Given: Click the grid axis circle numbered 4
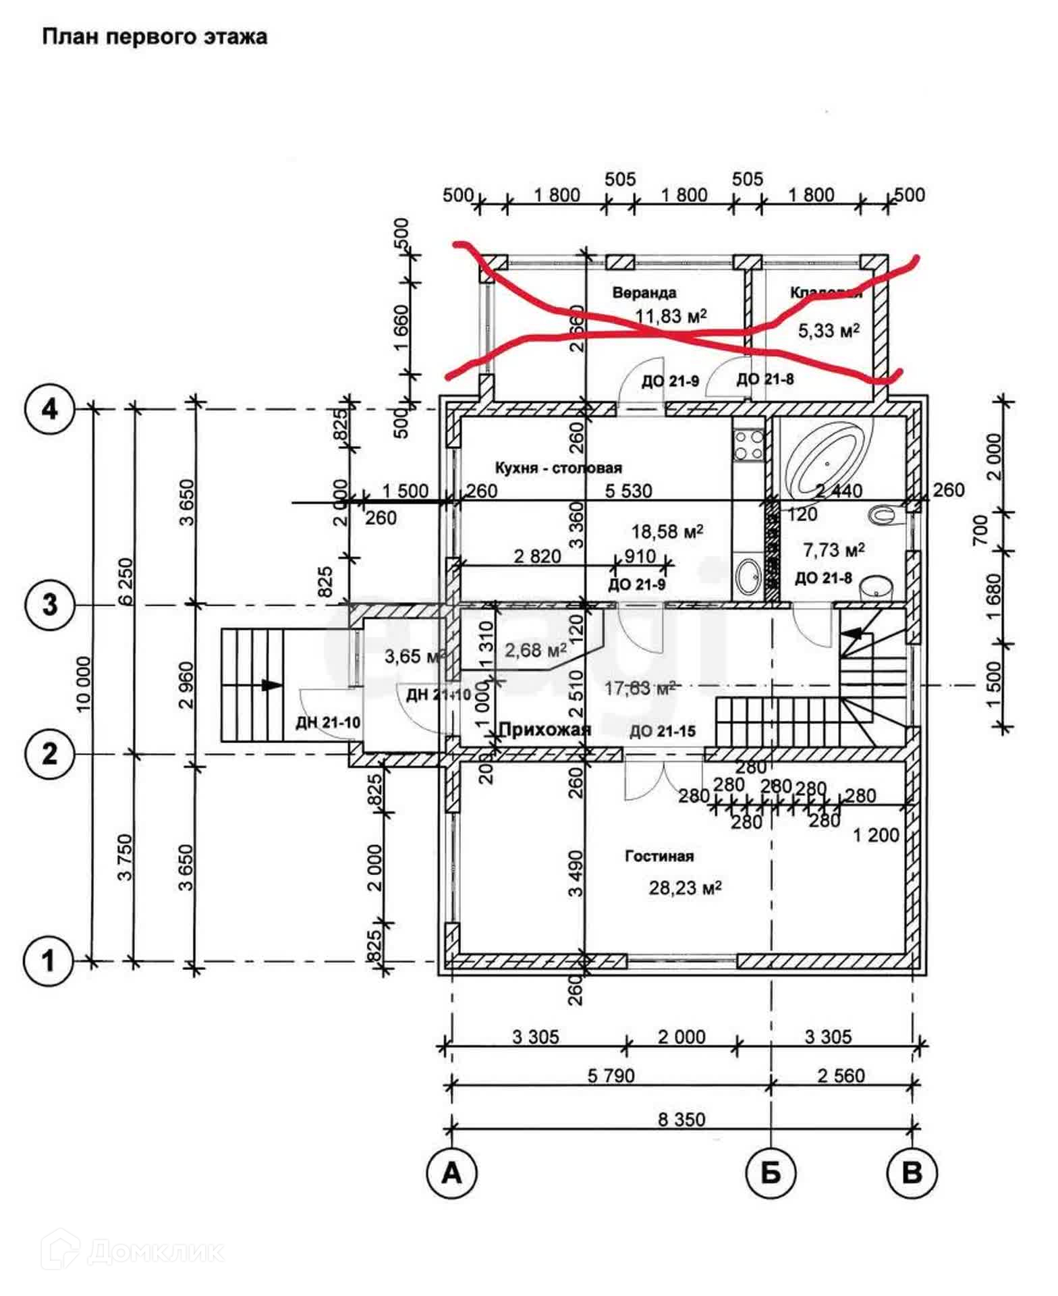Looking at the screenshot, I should (50, 409).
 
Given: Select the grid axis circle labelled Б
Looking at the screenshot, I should (771, 1173).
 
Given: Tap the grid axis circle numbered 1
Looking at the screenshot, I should (49, 961).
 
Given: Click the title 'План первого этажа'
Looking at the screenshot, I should (155, 36).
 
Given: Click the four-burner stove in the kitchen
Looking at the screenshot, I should (748, 445).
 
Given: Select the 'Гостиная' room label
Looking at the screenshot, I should (659, 856).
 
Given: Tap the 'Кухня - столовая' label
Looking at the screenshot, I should (558, 468).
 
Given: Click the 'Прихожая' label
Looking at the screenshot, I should (545, 729).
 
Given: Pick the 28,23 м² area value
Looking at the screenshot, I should (685, 888).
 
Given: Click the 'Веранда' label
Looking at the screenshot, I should (644, 293).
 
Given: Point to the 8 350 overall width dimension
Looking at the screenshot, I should (681, 1119).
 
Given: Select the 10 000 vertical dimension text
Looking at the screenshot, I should (83, 684).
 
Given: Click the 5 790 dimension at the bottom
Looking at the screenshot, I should (611, 1075).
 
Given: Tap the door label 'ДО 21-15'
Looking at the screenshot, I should (662, 731).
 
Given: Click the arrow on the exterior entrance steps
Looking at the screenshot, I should (271, 684).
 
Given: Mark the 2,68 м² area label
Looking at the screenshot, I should (535, 651).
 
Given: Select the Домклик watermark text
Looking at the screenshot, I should (155, 1252).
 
